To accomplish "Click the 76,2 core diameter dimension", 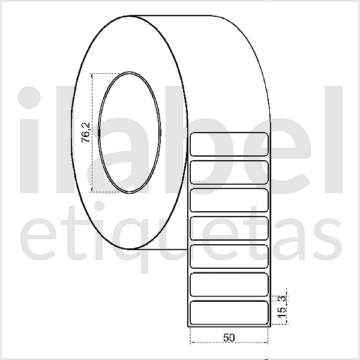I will pyautogui.click(x=86, y=133).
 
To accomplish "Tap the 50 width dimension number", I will pyautogui.click(x=228, y=337).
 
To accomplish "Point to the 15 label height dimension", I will pyautogui.click(x=281, y=312).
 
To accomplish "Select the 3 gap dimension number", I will pyautogui.click(x=281, y=297).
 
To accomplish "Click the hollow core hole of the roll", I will pyautogui.click(x=130, y=133).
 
